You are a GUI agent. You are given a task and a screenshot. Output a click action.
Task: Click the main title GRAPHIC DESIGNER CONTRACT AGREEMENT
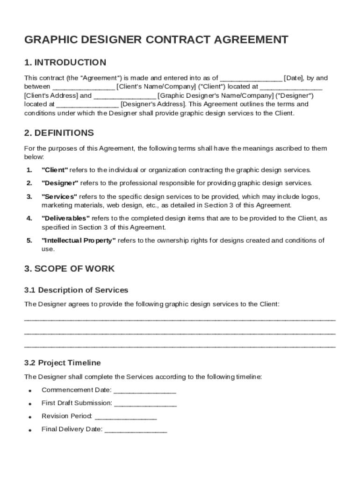156,40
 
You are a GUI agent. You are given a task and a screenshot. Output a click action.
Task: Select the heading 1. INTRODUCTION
65,63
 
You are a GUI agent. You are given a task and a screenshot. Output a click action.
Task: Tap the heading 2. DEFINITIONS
59,133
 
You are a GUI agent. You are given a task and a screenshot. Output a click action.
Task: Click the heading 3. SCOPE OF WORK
69,269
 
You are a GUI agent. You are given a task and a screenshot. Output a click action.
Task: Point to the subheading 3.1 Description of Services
76,290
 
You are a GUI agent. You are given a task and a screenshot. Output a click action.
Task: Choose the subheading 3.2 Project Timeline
62,363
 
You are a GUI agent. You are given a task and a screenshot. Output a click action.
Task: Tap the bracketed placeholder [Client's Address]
51,95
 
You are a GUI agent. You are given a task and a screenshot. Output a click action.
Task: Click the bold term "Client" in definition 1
55,170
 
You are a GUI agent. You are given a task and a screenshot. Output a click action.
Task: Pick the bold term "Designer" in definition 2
60,183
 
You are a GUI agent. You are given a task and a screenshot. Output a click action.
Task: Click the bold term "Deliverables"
65,218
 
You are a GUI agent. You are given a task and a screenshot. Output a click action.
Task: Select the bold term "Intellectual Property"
79,240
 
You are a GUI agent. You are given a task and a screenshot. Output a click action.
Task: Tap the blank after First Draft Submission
145,403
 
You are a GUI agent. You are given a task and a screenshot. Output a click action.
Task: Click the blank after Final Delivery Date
136,429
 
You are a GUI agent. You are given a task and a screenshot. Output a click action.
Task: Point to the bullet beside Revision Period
29,417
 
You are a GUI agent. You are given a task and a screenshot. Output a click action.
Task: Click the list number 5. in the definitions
29,240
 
